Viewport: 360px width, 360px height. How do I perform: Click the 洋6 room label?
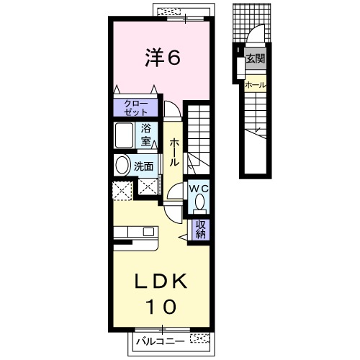(163, 58)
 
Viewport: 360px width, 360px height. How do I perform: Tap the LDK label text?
(161, 282)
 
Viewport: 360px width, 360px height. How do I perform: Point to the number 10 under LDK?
(161, 307)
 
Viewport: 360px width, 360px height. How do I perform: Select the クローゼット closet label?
(135, 108)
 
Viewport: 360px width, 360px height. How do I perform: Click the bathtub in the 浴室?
(124, 135)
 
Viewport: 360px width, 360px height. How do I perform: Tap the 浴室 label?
(145, 135)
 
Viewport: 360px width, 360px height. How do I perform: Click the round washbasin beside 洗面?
(122, 166)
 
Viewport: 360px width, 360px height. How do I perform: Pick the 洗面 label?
(143, 166)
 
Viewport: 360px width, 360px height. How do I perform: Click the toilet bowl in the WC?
(199, 202)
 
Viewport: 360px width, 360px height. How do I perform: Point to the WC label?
(199, 189)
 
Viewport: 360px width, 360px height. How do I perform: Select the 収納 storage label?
(201, 230)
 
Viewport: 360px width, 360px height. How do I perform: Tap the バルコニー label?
(161, 341)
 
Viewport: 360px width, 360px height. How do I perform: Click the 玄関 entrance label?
(256, 58)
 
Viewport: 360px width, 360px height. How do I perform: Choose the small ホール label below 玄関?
(256, 85)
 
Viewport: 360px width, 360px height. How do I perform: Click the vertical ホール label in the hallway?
(174, 153)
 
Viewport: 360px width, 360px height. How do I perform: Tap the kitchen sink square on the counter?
(148, 232)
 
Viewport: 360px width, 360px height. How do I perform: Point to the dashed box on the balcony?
(199, 338)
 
